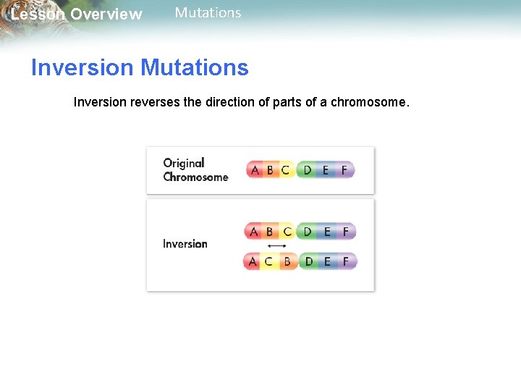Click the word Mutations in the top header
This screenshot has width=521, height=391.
208,13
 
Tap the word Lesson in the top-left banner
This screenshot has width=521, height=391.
38,14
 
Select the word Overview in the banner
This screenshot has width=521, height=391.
106,14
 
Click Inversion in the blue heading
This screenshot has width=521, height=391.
82,68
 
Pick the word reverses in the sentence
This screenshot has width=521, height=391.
157,102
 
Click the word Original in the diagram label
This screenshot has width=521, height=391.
184,163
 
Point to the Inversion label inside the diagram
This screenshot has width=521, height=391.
185,244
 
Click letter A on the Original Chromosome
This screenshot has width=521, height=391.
254,170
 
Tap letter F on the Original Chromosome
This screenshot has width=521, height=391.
344,170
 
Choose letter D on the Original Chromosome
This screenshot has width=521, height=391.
308,170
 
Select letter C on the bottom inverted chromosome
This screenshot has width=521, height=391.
268,261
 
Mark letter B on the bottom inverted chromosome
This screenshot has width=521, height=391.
287,261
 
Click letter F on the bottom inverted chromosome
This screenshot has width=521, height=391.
346,261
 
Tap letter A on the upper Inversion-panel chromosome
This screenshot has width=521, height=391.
253,232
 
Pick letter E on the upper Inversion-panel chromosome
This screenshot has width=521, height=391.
327,232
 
